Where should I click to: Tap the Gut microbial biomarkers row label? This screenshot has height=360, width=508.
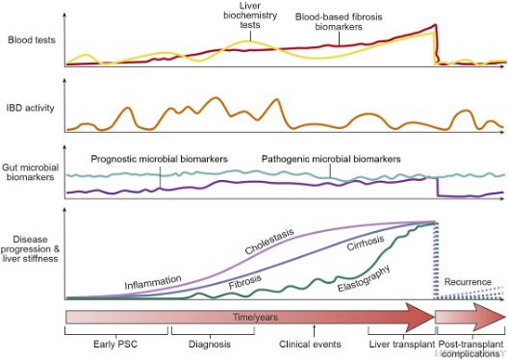(27, 186)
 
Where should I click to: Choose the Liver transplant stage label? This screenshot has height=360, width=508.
(398, 344)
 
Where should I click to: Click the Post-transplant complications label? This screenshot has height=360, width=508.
(472, 348)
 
